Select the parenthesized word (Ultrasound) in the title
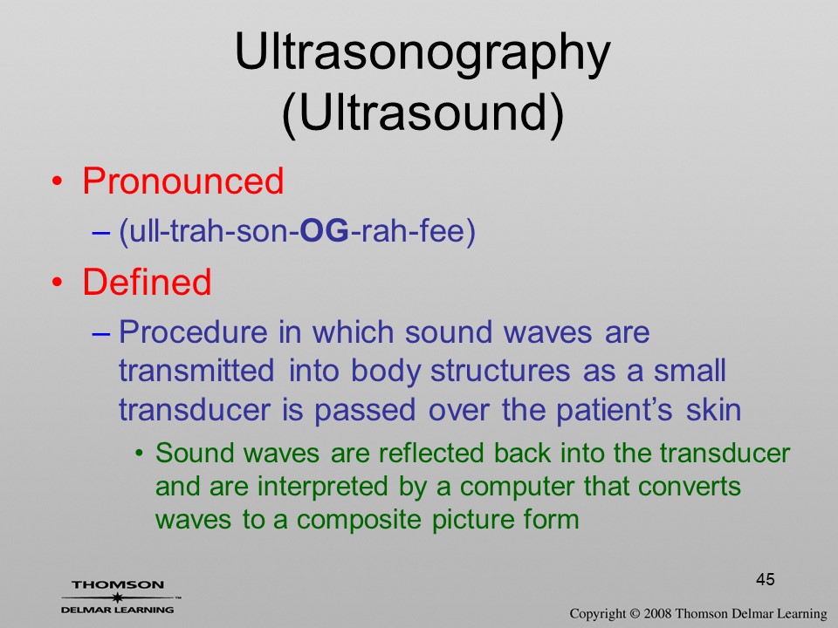pyautogui.click(x=422, y=113)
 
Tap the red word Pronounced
pyautogui.click(x=182, y=181)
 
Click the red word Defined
pyautogui.click(x=147, y=282)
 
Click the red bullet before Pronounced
pyautogui.click(x=58, y=181)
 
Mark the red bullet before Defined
pyautogui.click(x=58, y=282)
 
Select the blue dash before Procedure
pyautogui.click(x=101, y=334)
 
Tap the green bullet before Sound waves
pyautogui.click(x=140, y=454)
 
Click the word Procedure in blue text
pyautogui.click(x=193, y=332)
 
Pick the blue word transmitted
pyautogui.click(x=196, y=371)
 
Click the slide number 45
pyautogui.click(x=766, y=579)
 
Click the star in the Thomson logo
pyautogui.click(x=117, y=597)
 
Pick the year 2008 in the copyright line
pyautogui.click(x=656, y=614)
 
